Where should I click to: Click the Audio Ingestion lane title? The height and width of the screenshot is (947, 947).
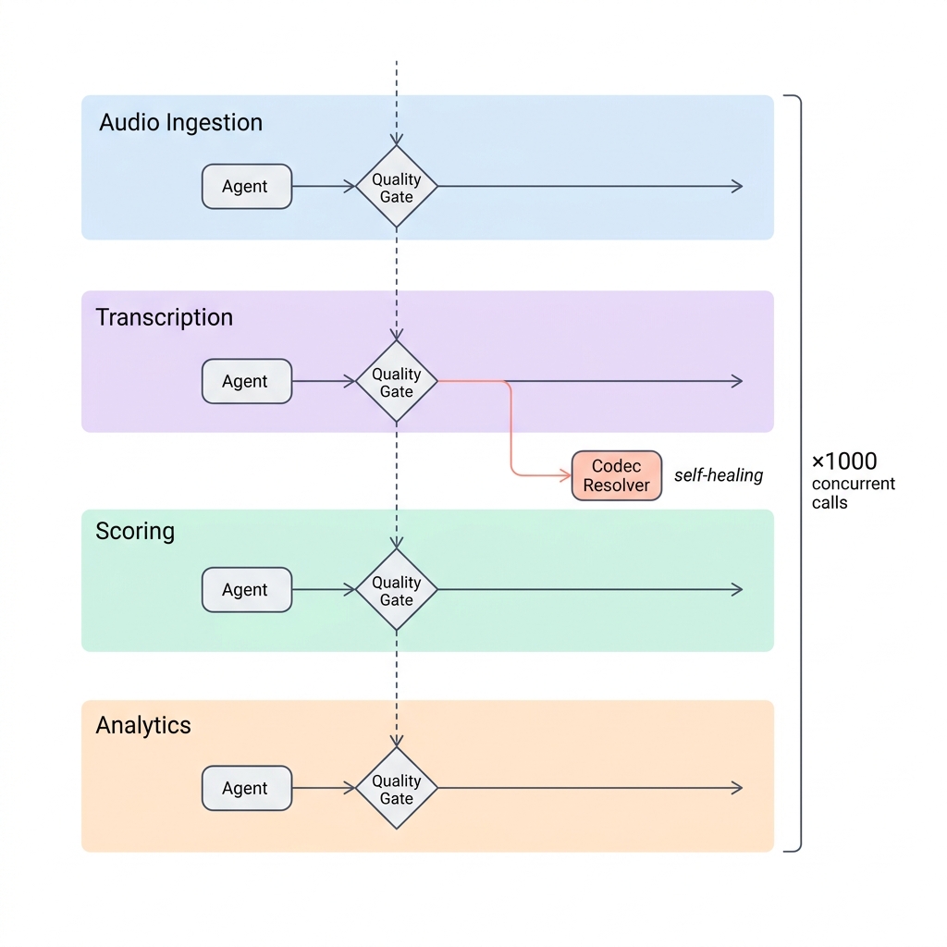pyautogui.click(x=180, y=123)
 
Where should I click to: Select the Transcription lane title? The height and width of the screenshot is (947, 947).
pyautogui.click(x=165, y=317)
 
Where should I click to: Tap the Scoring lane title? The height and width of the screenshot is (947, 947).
pyautogui.click(x=135, y=531)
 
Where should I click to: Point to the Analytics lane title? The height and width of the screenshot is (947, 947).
pyautogui.click(x=143, y=725)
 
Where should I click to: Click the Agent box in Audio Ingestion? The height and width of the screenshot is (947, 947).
pyautogui.click(x=247, y=187)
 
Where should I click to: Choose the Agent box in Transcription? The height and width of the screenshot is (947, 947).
pyautogui.click(x=247, y=381)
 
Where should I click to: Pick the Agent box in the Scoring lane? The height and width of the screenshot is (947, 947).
pyautogui.click(x=247, y=590)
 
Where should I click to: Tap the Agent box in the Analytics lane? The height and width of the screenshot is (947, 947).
pyautogui.click(x=247, y=789)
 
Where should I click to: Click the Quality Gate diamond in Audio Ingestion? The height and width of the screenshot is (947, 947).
pyautogui.click(x=397, y=187)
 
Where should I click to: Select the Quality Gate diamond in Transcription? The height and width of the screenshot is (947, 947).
pyautogui.click(x=397, y=382)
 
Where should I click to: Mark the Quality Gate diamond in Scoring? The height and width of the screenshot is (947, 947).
pyautogui.click(x=397, y=590)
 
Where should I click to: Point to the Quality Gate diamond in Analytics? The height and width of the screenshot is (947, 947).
pyautogui.click(x=397, y=789)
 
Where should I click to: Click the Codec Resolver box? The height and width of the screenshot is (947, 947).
pyautogui.click(x=617, y=475)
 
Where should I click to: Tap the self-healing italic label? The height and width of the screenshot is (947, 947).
pyautogui.click(x=719, y=475)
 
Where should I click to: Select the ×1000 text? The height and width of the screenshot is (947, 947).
pyautogui.click(x=843, y=461)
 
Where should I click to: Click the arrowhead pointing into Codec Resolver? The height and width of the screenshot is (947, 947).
pyautogui.click(x=565, y=475)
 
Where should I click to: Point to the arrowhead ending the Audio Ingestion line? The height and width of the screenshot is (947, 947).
pyautogui.click(x=737, y=187)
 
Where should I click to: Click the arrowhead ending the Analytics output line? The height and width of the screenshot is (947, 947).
pyautogui.click(x=737, y=789)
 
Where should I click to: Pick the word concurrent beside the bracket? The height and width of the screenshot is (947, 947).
pyautogui.click(x=853, y=484)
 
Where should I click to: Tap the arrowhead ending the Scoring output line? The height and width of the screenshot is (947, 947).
pyautogui.click(x=737, y=590)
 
